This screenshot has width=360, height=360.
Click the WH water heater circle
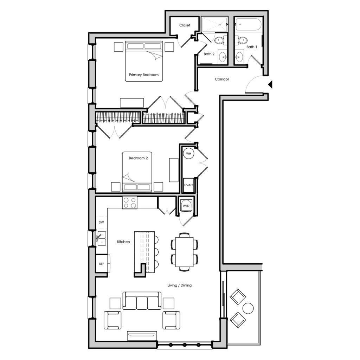pyautogui.click(x=188, y=154)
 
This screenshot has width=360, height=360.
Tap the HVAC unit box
pyautogui.click(x=188, y=185)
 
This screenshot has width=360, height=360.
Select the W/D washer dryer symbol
pyautogui.click(x=186, y=206)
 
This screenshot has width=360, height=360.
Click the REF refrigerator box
pyautogui.click(x=102, y=264)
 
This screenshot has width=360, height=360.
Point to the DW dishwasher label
pyautogui.click(x=101, y=222)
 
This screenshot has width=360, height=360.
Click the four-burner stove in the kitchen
pyautogui.click(x=130, y=203)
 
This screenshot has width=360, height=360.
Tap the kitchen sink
pyautogui.click(x=102, y=238)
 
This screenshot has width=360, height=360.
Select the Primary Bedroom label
pyautogui.click(x=144, y=75)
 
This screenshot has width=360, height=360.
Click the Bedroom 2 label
pyautogui.click(x=138, y=158)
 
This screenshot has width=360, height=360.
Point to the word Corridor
pyautogui.click(x=222, y=79)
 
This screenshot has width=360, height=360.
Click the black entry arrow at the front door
pyautogui.click(x=270, y=84)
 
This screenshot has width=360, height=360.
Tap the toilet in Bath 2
pyautogui.click(x=220, y=41)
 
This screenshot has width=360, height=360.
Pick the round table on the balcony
pyautogui.click(x=248, y=308)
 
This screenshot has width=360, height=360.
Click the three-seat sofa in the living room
pyautogui.click(x=142, y=301)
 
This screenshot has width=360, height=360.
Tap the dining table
pyautogui.click(x=184, y=252)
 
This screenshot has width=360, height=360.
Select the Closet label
pyautogui.click(x=185, y=25)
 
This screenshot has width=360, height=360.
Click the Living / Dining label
pyautogui.click(x=180, y=285)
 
